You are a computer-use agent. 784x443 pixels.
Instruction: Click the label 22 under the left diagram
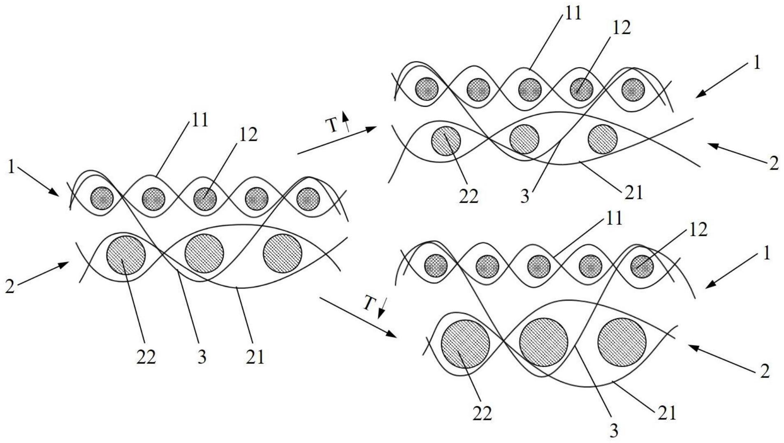[146, 357]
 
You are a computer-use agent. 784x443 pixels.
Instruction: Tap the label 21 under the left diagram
[255, 357]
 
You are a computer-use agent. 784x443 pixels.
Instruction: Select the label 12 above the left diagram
[248, 135]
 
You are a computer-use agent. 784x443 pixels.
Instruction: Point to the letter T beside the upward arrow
[333, 126]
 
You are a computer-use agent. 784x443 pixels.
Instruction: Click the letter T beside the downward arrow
[370, 304]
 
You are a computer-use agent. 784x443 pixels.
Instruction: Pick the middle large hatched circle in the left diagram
[204, 253]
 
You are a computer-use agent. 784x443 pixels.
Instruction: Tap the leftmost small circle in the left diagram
[102, 198]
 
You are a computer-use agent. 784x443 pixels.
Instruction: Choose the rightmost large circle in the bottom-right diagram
[622, 342]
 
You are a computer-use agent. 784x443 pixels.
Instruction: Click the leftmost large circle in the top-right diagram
[446, 141]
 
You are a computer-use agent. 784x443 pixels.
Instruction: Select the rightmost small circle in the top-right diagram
[633, 89]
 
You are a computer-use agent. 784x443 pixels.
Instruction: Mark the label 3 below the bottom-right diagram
[614, 431]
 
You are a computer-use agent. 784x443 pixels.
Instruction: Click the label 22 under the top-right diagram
[469, 196]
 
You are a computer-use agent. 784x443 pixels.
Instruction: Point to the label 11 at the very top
[573, 13]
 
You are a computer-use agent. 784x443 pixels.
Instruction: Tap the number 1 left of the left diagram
[12, 167]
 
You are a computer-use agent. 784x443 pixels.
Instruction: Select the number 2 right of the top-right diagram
[774, 164]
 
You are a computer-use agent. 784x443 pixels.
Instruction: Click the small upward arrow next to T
[346, 121]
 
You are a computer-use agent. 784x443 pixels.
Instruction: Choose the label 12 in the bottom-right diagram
[698, 230]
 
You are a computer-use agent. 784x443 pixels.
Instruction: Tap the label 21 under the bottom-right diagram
[667, 413]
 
